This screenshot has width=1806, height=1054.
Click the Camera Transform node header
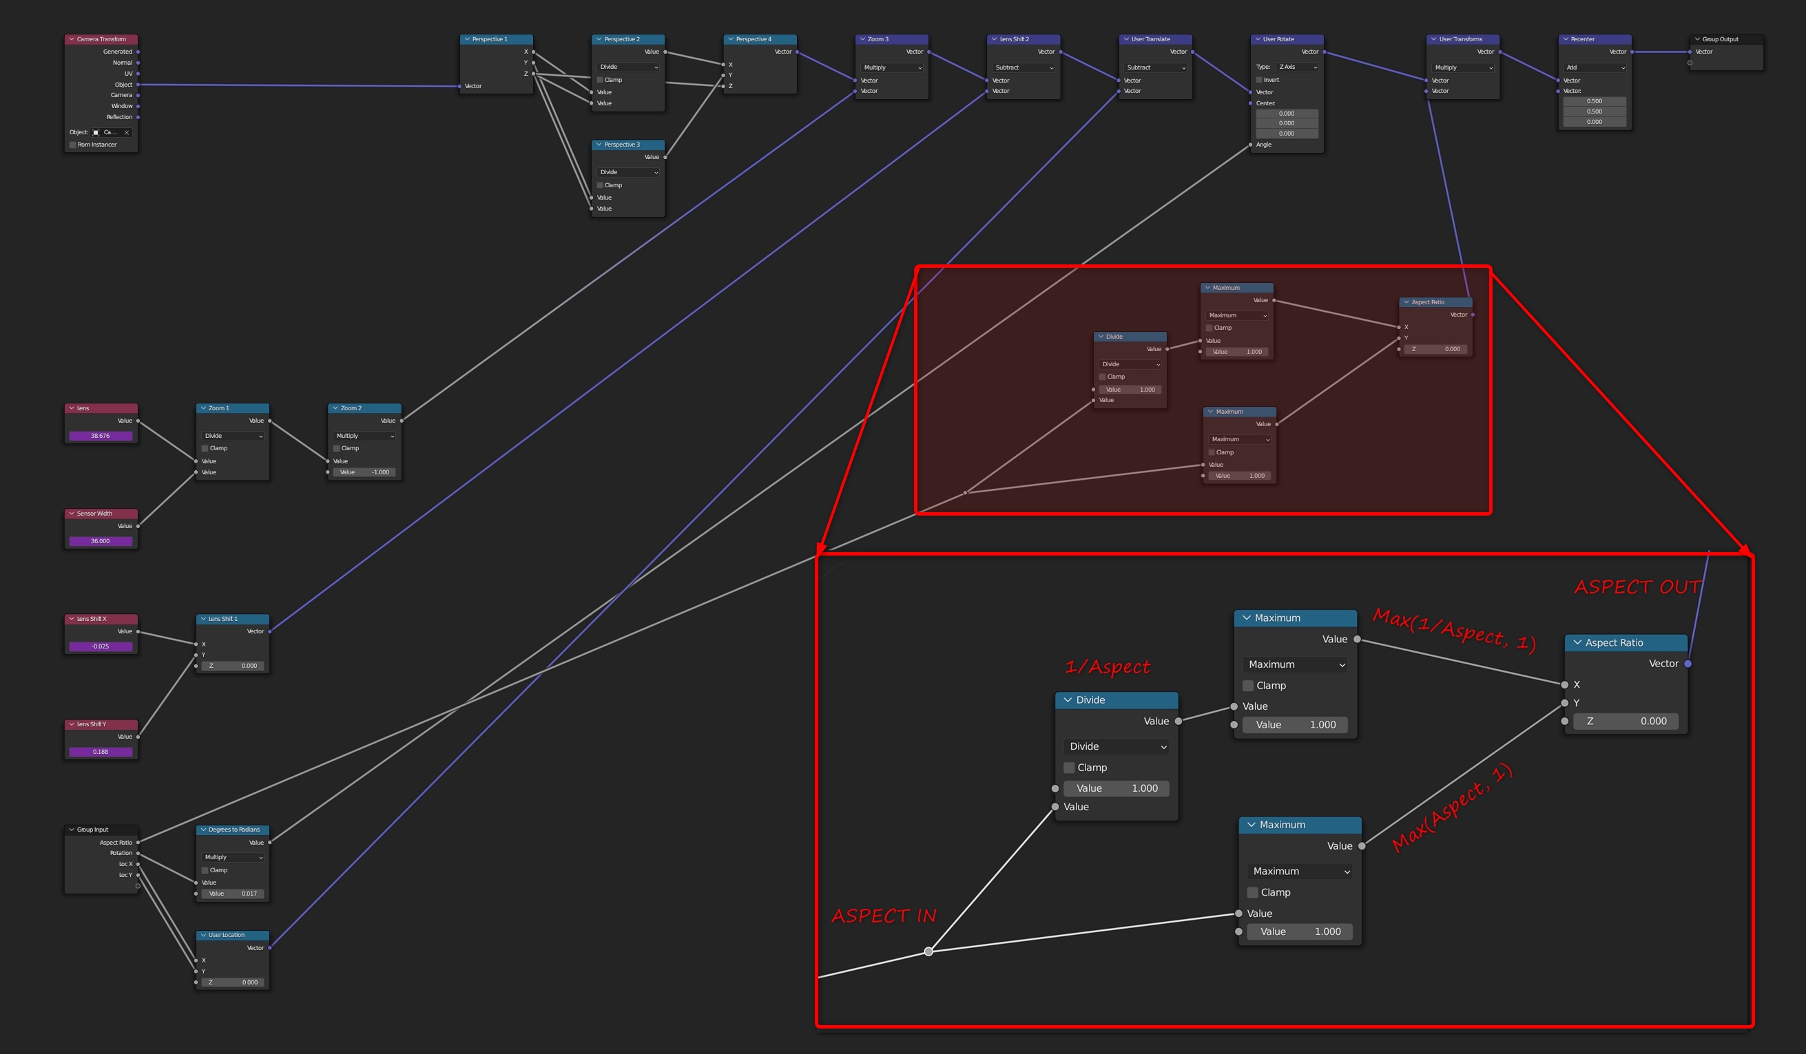101,39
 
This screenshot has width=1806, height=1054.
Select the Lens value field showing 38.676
101,436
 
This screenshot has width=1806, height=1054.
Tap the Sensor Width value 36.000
101,541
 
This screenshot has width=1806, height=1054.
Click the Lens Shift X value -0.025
101,646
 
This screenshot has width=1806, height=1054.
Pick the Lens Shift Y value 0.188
101,752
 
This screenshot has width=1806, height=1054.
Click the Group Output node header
1725,39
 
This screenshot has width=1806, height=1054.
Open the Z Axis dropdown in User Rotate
1298,67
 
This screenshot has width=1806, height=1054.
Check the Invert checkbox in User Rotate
1259,80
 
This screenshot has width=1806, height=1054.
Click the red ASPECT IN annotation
884,916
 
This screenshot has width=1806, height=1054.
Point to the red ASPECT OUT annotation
1636,587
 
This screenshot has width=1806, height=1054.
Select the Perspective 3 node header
627,145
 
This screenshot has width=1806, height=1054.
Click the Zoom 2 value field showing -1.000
364,472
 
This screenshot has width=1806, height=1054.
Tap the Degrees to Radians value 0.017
232,894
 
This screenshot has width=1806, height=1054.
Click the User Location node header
232,935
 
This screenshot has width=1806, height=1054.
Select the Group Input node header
101,830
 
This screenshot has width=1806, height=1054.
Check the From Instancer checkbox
72,145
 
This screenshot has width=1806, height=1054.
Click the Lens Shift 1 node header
232,619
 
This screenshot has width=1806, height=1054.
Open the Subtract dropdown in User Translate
1155,67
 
